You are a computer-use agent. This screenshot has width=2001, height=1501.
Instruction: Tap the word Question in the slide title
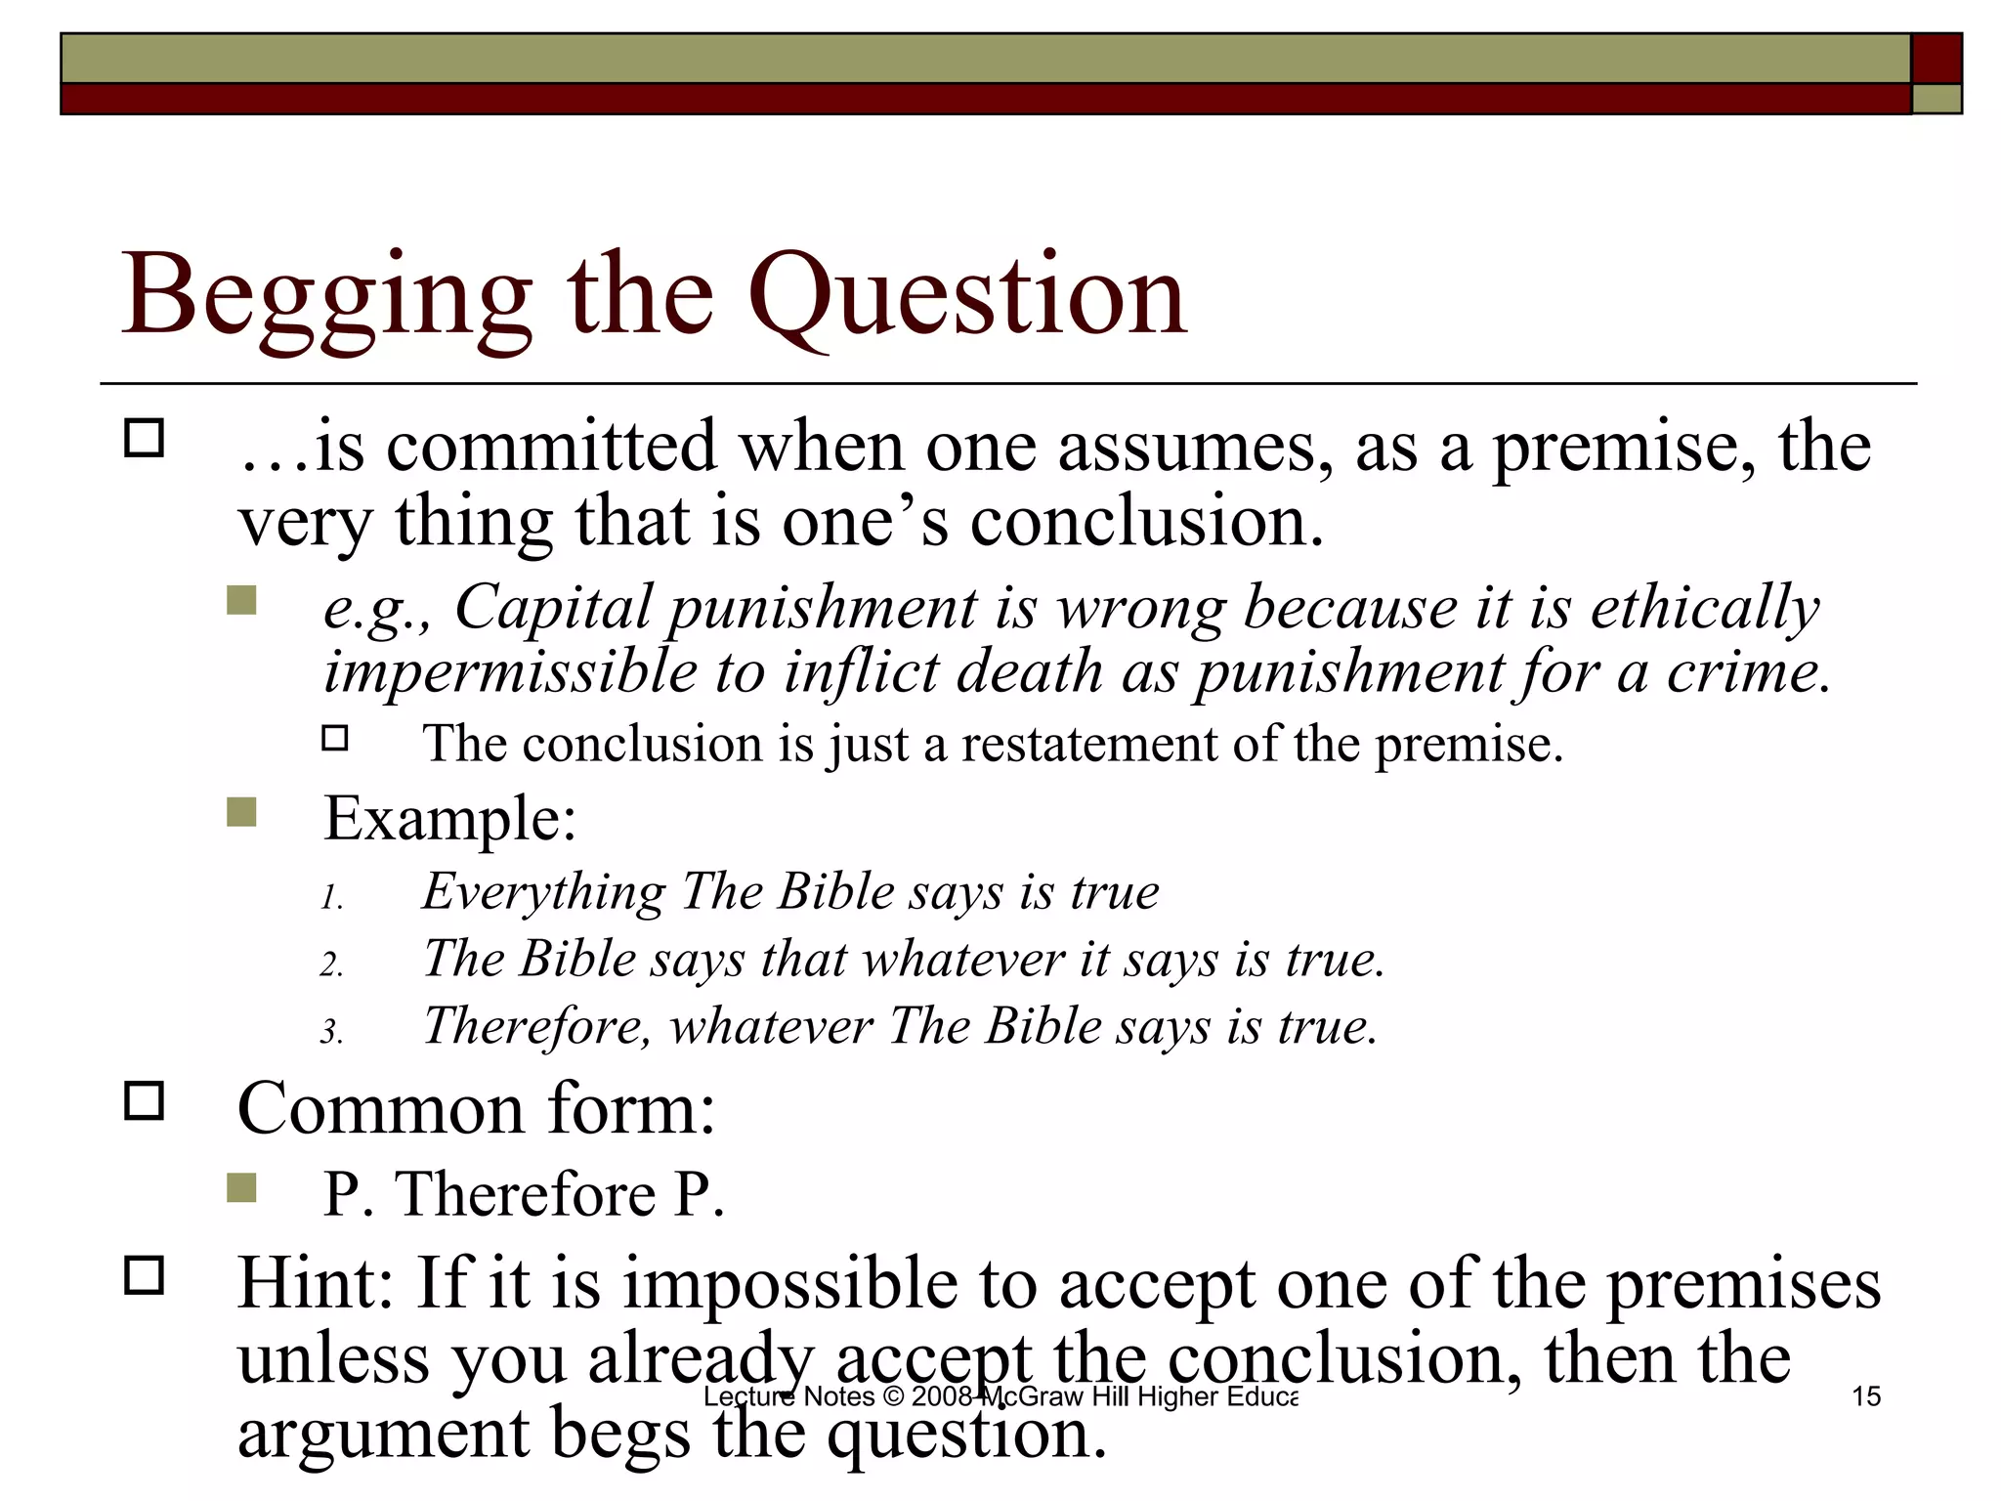pos(967,296)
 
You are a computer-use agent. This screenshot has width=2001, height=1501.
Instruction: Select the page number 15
pos(1866,1396)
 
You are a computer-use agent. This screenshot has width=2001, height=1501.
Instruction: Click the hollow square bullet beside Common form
pos(145,1101)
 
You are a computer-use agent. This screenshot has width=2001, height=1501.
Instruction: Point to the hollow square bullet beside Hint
pos(145,1275)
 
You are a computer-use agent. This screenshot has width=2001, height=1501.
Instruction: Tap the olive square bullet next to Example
pos(241,812)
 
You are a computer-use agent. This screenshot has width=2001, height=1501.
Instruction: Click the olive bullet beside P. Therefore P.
pos(241,1187)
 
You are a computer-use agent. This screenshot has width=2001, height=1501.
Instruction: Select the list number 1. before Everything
pos(332,898)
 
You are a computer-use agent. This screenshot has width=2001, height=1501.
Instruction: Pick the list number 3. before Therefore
pos(332,1032)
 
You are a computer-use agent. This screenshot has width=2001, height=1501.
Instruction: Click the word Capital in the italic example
pos(553,608)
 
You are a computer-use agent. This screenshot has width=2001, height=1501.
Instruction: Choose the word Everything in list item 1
pos(543,893)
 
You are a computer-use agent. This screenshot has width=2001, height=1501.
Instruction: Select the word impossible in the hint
pos(791,1282)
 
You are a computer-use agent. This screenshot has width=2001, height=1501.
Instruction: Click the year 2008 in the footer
pos(942,1396)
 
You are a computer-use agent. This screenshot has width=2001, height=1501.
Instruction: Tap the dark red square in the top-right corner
pos(1937,59)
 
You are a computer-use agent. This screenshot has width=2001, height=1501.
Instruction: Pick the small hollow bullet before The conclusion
pos(335,738)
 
